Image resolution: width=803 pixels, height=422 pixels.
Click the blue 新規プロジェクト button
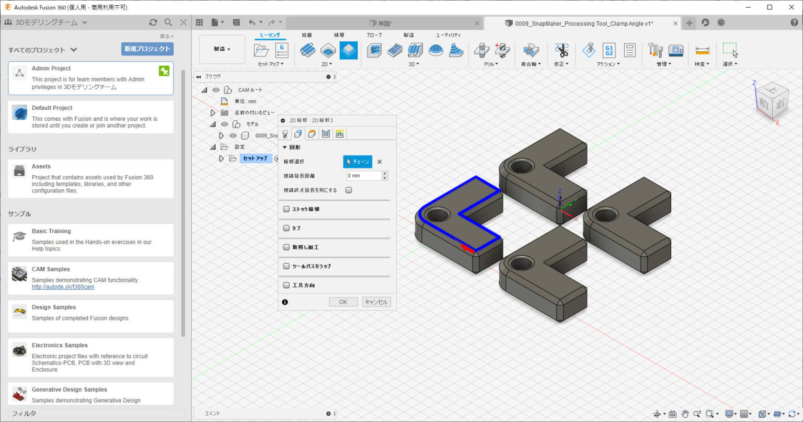tap(147, 49)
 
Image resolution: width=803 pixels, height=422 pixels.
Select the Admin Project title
tap(51, 69)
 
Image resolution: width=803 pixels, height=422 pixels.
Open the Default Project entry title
tap(52, 108)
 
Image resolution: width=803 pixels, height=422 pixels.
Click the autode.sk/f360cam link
tap(63, 287)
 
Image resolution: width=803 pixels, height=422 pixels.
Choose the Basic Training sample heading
tap(51, 231)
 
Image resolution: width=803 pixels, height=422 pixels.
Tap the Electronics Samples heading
tap(60, 345)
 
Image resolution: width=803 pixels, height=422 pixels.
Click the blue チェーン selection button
tap(358, 162)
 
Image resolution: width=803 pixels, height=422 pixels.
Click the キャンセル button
tap(376, 302)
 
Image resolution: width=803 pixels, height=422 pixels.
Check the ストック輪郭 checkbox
tap(286, 209)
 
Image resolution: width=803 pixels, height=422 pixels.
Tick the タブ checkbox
tap(286, 228)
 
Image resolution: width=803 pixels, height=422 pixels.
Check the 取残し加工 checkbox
tap(286, 247)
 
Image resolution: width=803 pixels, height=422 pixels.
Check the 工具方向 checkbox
tap(286, 286)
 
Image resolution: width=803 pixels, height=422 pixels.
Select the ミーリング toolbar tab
tap(270, 35)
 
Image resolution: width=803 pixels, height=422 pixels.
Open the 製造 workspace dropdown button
tap(222, 49)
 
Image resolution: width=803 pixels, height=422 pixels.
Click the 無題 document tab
tap(384, 23)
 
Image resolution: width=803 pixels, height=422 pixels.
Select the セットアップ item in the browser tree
tap(255, 158)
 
